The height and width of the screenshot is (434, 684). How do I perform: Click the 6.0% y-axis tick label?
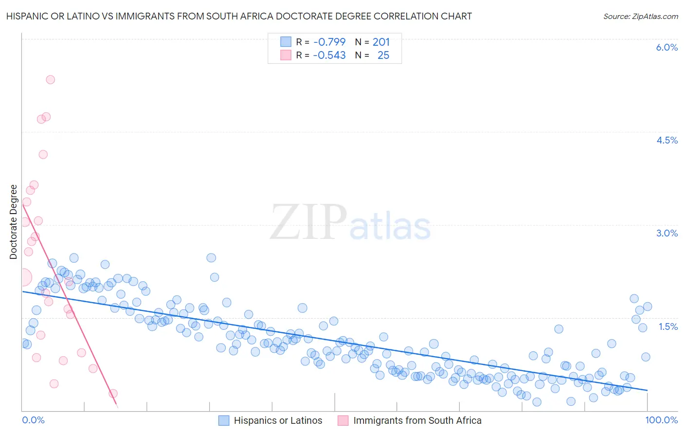tap(666, 47)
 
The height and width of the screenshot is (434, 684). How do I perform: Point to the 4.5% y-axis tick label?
tap(666, 140)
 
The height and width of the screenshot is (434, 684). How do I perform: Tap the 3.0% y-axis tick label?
tap(666, 233)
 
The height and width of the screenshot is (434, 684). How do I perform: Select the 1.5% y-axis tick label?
tap(668, 326)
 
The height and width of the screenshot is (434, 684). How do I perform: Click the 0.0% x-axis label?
tap(33, 420)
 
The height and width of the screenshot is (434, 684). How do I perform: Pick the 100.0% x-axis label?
tap(661, 420)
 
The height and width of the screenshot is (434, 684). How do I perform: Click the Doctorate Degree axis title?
tap(14, 222)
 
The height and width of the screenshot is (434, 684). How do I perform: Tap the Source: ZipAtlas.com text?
tap(640, 17)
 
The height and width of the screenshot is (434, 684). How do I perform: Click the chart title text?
tap(239, 17)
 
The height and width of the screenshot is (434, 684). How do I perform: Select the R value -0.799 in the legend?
tap(329, 42)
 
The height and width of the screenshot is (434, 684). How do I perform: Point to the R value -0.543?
tap(329, 55)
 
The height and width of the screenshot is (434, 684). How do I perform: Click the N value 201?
tap(381, 42)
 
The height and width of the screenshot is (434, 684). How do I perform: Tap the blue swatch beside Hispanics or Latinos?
tap(224, 420)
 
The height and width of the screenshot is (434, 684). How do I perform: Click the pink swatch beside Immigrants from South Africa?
tap(343, 420)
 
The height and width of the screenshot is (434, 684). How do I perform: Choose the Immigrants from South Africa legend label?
tap(417, 420)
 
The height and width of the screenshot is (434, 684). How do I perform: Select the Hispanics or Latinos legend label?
tap(278, 420)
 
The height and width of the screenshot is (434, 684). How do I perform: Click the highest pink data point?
tap(50, 79)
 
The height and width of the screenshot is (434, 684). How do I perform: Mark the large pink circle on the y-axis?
tap(23, 277)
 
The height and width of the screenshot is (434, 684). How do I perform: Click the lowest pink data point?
tap(113, 393)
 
